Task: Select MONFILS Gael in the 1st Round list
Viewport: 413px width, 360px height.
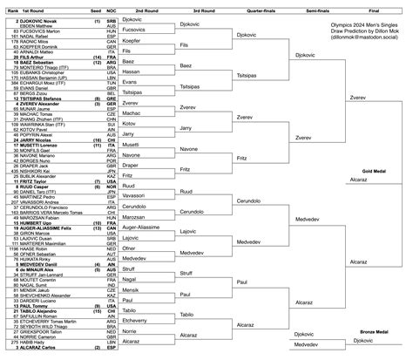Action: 36,151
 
